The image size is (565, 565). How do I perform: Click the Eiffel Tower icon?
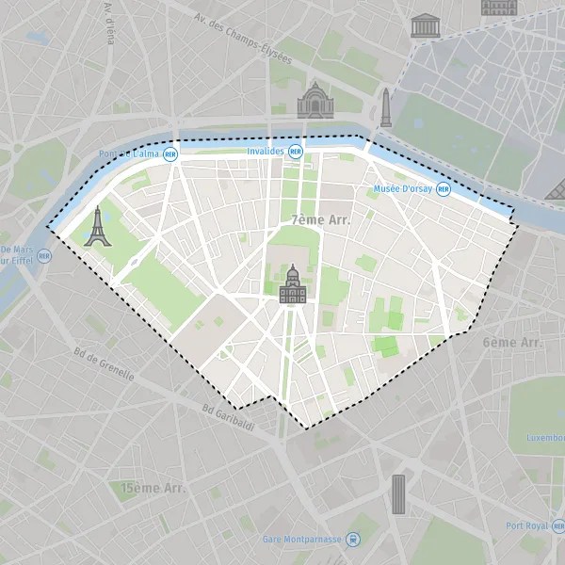pos(97,227)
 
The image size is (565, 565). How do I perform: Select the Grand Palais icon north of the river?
pos(315,100)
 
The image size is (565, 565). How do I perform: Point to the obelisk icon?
pos(385,107)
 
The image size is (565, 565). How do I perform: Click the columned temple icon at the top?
pos(426,25)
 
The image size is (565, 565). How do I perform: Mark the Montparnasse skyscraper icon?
pos(398,493)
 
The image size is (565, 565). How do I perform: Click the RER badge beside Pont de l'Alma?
pos(170,153)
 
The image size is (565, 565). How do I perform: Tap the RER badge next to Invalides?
pos(296,151)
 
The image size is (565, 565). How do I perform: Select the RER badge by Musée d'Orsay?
pos(443,189)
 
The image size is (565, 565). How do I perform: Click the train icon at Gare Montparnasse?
pos(352,540)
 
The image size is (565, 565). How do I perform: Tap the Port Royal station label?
pos(526,525)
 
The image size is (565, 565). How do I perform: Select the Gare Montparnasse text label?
pos(301,540)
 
